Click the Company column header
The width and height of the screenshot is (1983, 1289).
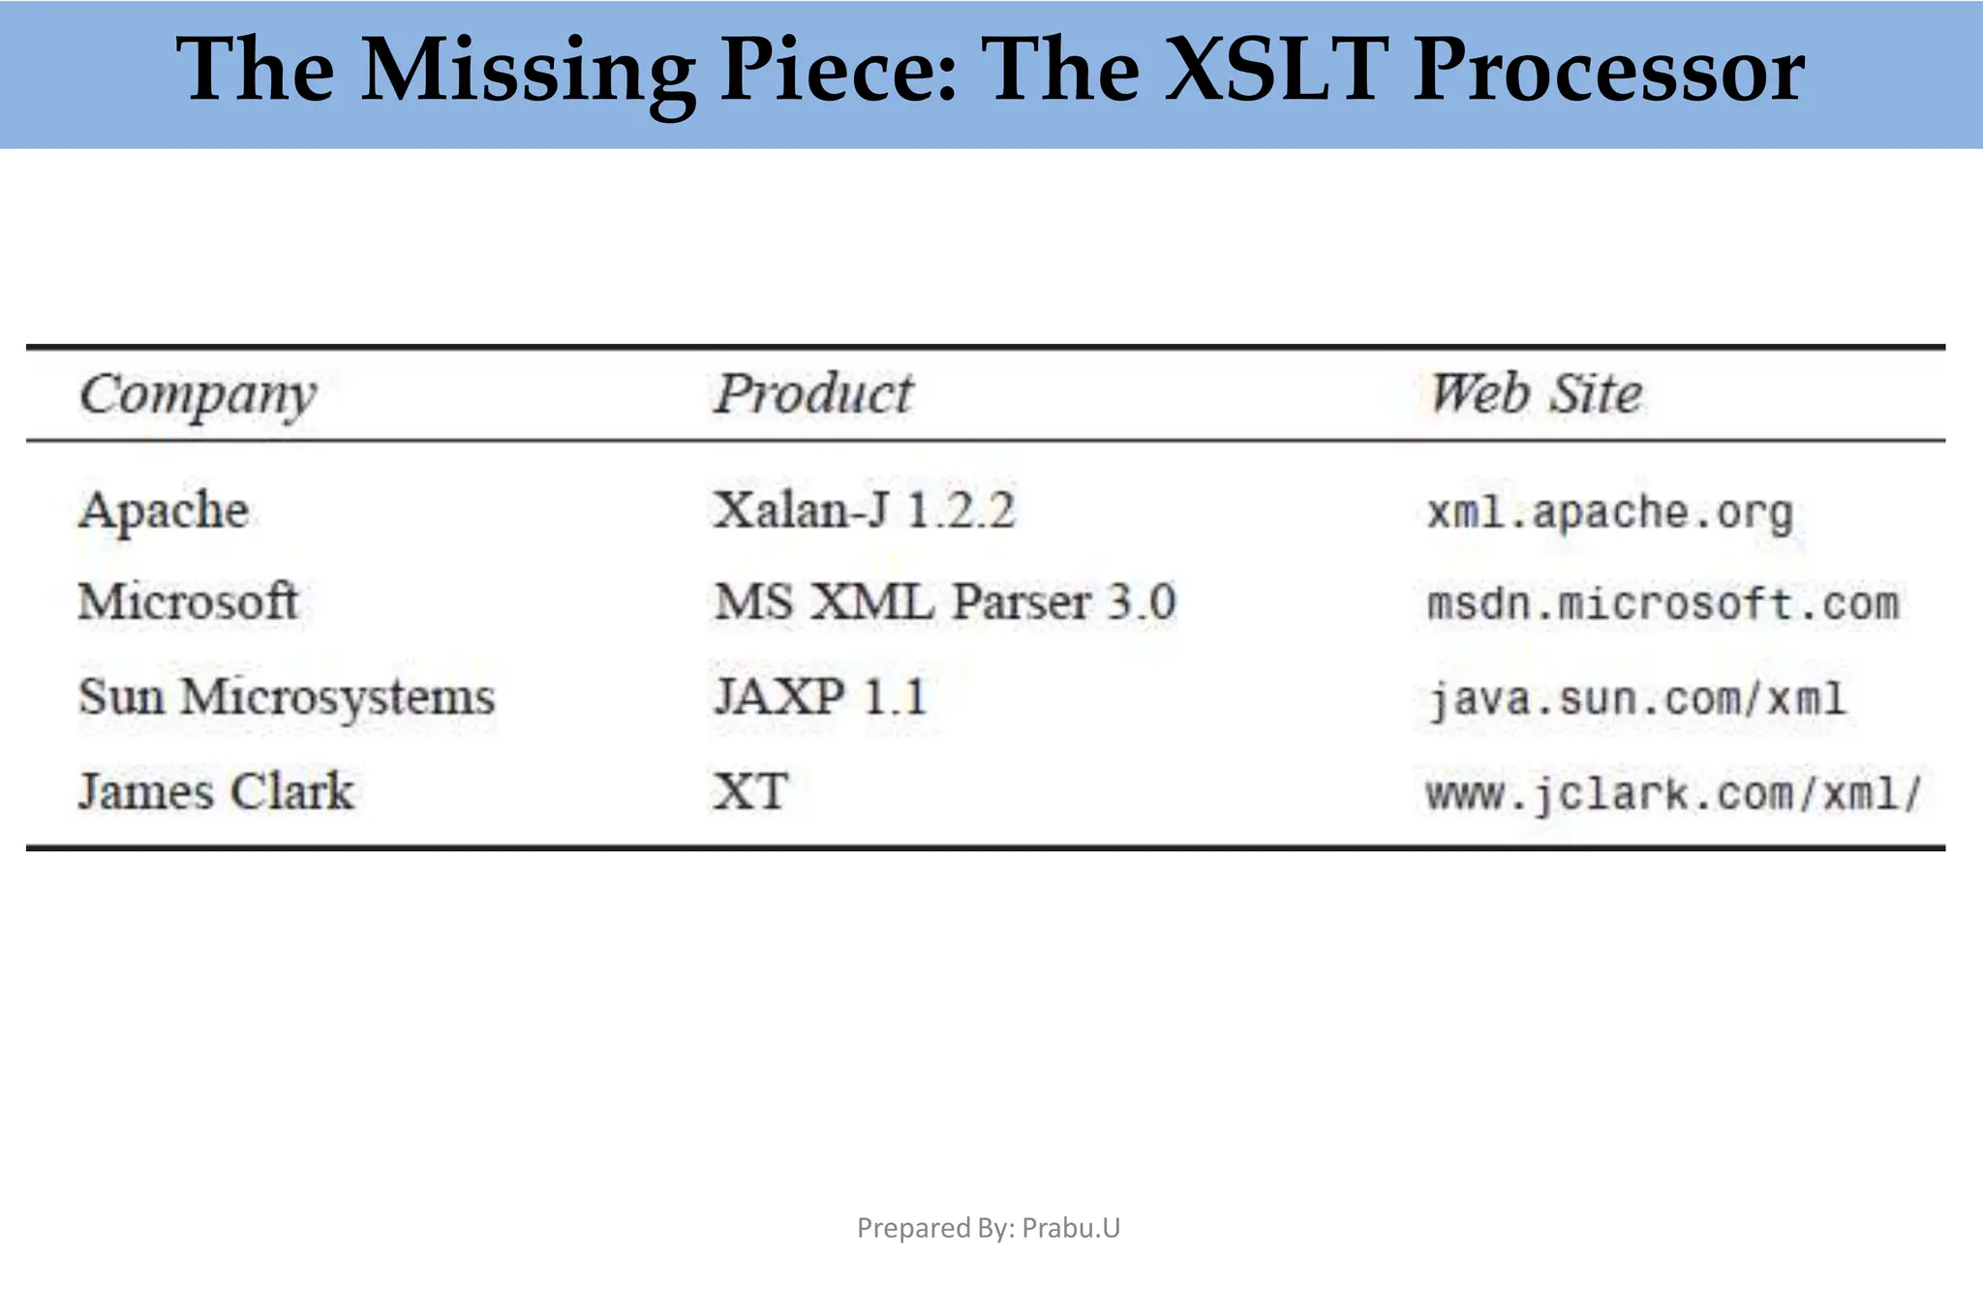pyautogui.click(x=198, y=395)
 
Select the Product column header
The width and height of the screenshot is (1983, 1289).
pyautogui.click(x=813, y=394)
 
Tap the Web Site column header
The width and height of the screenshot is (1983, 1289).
pyautogui.click(x=1537, y=394)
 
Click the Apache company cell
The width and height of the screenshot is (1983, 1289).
pyautogui.click(x=164, y=510)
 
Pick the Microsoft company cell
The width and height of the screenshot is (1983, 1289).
pyautogui.click(x=188, y=602)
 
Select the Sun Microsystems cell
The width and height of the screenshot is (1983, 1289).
pyautogui.click(x=287, y=697)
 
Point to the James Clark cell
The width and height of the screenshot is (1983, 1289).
pyautogui.click(x=216, y=791)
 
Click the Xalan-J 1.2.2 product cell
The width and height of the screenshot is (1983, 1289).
pyautogui.click(x=864, y=510)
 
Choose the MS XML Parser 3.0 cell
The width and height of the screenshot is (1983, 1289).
pyautogui.click(x=945, y=602)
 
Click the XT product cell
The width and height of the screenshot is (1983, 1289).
pyautogui.click(x=750, y=791)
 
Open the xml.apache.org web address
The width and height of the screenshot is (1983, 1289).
pyautogui.click(x=1610, y=512)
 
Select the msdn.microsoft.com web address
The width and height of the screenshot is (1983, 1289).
pyautogui.click(x=1663, y=604)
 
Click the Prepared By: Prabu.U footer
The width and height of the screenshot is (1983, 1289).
pyautogui.click(x=989, y=1228)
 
